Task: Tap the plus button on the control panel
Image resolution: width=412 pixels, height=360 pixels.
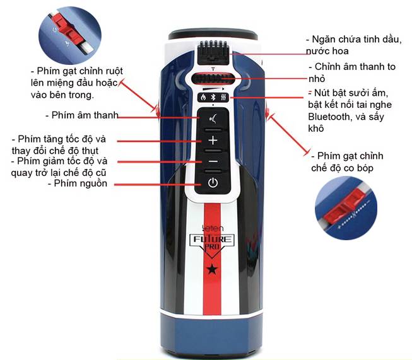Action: pyautogui.click(x=213, y=140)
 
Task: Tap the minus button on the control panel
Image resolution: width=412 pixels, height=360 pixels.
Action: pyautogui.click(x=213, y=161)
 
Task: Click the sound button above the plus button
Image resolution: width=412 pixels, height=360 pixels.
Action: pyautogui.click(x=213, y=118)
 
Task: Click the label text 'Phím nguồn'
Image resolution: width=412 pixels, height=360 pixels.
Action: pyautogui.click(x=78, y=183)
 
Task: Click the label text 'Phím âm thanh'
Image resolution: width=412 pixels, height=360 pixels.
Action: pyautogui.click(x=81, y=115)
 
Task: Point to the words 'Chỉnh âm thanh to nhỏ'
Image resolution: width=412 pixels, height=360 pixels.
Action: pyautogui.click(x=356, y=72)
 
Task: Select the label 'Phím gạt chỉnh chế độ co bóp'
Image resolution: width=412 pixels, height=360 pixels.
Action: pyautogui.click(x=350, y=161)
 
